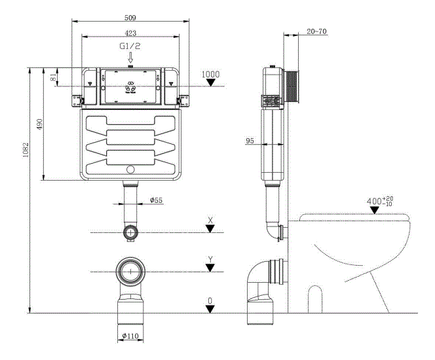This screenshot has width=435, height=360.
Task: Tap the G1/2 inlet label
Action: pos(129,46)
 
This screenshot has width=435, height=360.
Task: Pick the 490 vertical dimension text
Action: pos(39,124)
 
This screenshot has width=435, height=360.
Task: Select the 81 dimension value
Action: pos(53,77)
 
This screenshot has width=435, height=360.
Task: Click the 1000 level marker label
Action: pos(210,75)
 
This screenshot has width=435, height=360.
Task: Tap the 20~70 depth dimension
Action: pos(317,31)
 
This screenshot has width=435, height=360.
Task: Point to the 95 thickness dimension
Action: pos(250,140)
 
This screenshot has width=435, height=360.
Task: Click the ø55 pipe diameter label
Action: pos(156,200)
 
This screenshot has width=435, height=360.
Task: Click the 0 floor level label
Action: pos(210,300)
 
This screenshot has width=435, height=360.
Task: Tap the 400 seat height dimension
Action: pos(379,200)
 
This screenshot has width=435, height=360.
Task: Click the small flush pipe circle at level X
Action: pos(132,232)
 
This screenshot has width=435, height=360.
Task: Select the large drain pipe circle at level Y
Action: pos(131,270)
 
